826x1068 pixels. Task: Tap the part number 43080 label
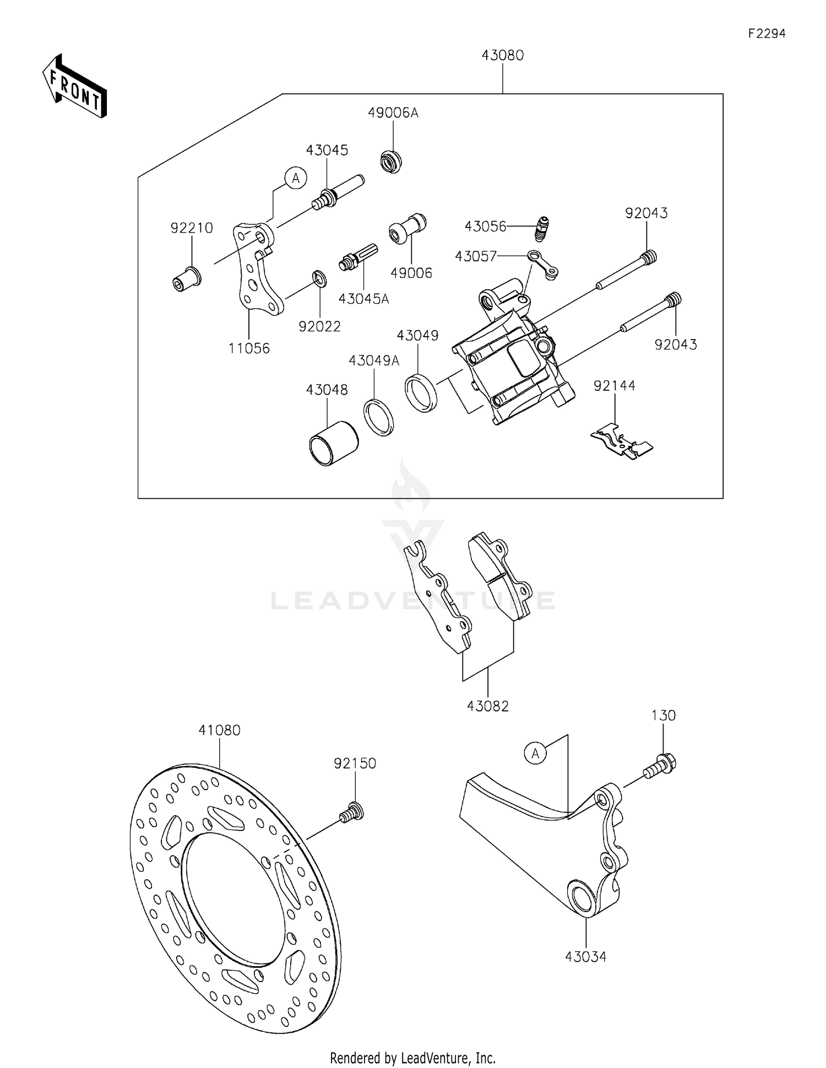[502, 56]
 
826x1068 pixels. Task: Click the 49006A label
[393, 113]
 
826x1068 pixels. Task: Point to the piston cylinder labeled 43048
[333, 444]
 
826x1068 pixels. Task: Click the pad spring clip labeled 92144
[622, 441]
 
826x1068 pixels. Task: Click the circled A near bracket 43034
[535, 753]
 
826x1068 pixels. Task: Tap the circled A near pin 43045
[296, 178]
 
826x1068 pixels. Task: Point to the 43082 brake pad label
[487, 706]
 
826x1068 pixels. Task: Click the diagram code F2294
[767, 34]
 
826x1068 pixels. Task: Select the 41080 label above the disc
[219, 730]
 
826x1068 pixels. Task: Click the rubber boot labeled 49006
[407, 228]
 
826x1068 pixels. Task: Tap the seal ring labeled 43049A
[378, 417]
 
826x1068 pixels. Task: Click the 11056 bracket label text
[249, 348]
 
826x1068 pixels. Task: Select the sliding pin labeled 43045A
[358, 258]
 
